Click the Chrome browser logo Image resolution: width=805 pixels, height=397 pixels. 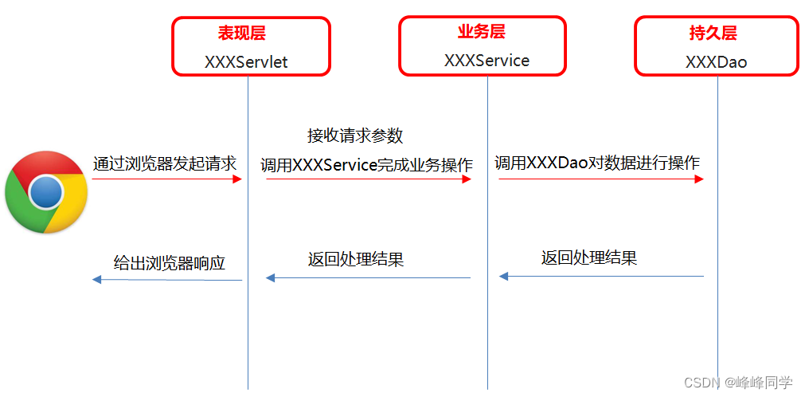pyautogui.click(x=45, y=192)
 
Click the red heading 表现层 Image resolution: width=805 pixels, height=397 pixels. pyautogui.click(x=241, y=33)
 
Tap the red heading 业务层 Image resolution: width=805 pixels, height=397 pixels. pyautogui.click(x=481, y=32)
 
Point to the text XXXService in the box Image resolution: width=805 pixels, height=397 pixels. pyautogui.click(x=487, y=61)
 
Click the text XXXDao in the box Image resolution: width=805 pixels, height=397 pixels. pyautogui.click(x=716, y=61)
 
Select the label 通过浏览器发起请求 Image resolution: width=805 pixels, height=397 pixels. pyautogui.click(x=165, y=163)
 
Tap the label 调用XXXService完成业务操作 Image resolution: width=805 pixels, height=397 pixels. pyautogui.click(x=366, y=165)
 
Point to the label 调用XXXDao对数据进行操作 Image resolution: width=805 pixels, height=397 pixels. pyautogui.click(x=597, y=163)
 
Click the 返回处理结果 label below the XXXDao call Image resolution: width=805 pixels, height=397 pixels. pyautogui.click(x=589, y=257)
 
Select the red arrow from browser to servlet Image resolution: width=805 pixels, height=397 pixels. pyautogui.click(x=166, y=179)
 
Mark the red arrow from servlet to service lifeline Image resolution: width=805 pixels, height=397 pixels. pyautogui.click(x=369, y=179)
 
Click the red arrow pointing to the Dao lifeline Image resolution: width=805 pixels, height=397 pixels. pyautogui.click(x=601, y=179)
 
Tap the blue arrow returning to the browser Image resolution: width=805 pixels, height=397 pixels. pyautogui.click(x=167, y=279)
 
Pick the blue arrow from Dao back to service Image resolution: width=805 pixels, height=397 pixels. pyautogui.click(x=601, y=277)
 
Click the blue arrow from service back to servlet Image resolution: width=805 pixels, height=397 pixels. pyautogui.click(x=368, y=277)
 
